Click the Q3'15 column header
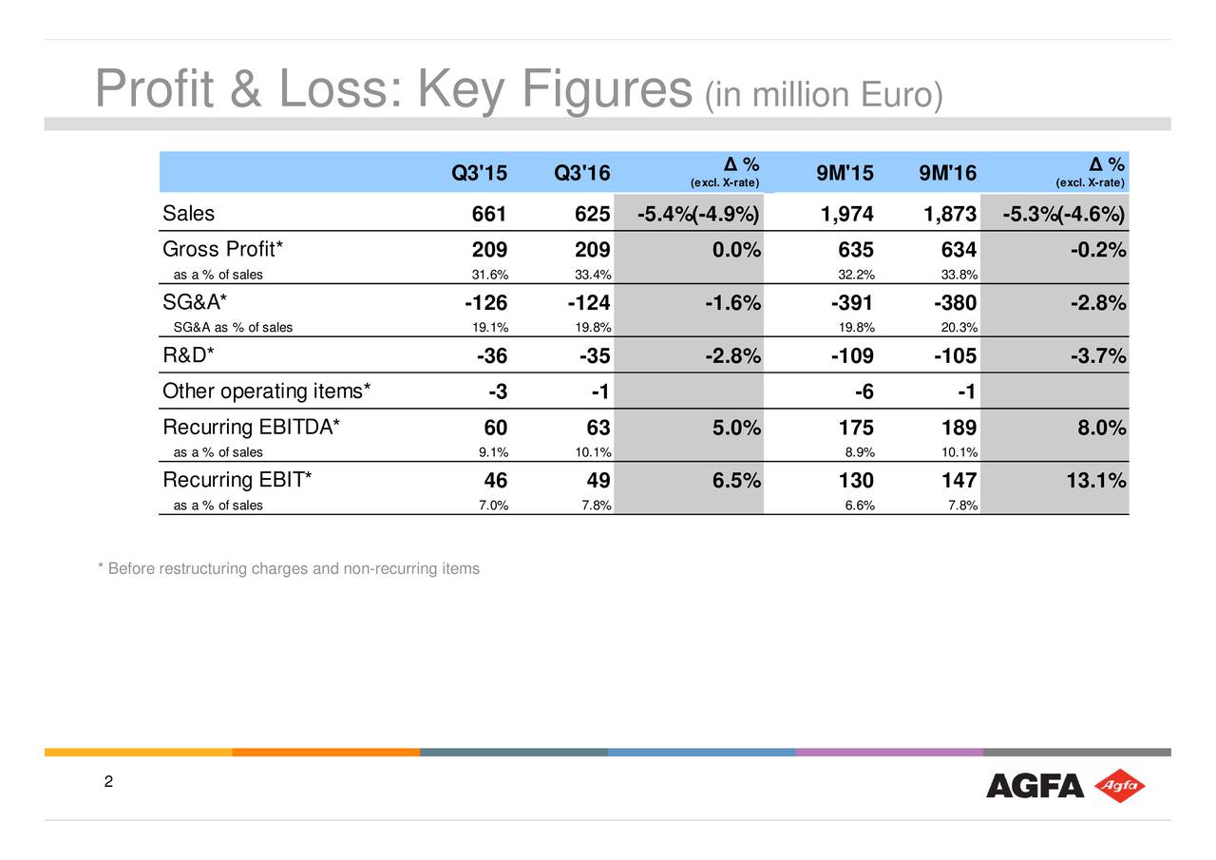(479, 173)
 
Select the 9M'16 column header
(948, 173)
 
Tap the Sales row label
(188, 213)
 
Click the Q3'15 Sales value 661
(489, 216)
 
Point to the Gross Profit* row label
(223, 250)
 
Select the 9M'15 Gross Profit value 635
(855, 251)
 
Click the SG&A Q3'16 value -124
(589, 304)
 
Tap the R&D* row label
(188, 355)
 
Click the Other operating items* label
(267, 392)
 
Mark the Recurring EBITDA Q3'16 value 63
(598, 429)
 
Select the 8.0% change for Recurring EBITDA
(1101, 429)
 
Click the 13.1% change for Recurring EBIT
(1094, 482)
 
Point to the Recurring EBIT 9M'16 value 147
(958, 482)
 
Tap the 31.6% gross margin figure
(490, 276)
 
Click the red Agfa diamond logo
(1120, 786)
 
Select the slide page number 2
(108, 782)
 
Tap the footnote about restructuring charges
(289, 569)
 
